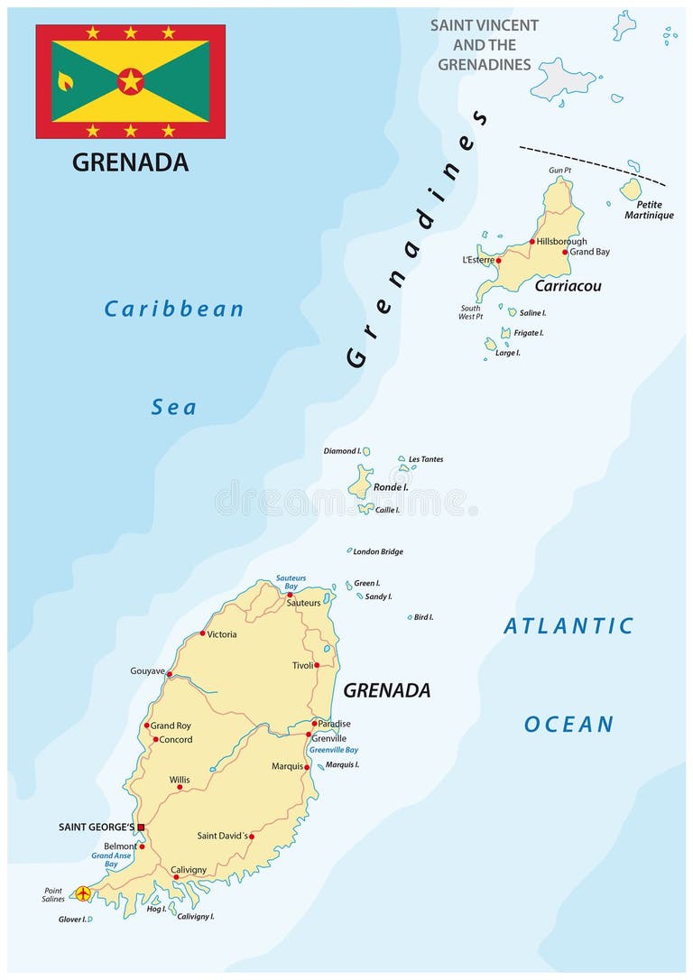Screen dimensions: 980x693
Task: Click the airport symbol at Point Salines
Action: (x=83, y=893)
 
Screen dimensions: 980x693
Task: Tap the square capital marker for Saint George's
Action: (x=141, y=827)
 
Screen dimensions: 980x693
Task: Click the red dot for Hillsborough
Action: (x=532, y=242)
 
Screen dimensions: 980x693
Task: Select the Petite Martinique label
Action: (x=649, y=210)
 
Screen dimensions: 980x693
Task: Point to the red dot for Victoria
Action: (x=202, y=633)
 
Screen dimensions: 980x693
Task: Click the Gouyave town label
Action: (x=147, y=672)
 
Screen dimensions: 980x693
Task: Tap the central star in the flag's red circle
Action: (x=131, y=81)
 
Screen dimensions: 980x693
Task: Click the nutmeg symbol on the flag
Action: (x=65, y=82)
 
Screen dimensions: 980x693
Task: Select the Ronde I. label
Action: (x=391, y=487)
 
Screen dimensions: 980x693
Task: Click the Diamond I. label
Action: (x=342, y=450)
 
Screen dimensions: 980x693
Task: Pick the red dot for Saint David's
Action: (x=252, y=837)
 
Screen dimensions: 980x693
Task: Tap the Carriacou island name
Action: (x=568, y=286)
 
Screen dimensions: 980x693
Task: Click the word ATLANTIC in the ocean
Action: (x=568, y=626)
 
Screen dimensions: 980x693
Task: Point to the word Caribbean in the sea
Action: (x=174, y=310)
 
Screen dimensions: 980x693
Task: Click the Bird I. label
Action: (x=423, y=617)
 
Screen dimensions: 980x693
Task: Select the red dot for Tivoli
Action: (x=317, y=665)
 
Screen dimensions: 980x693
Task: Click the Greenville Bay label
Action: (x=333, y=750)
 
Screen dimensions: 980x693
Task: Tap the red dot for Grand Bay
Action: (x=565, y=252)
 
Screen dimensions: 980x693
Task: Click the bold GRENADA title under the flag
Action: (x=130, y=162)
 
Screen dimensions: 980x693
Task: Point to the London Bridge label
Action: (x=378, y=551)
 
